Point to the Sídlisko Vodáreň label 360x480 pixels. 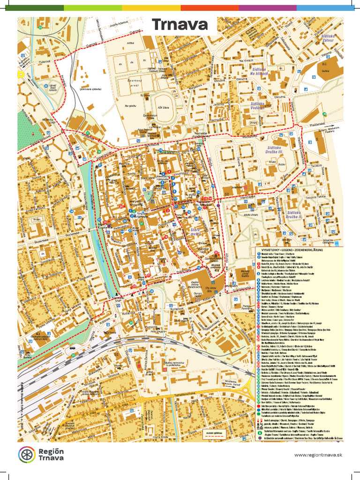259,106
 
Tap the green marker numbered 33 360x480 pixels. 40,28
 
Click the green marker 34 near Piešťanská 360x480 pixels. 324,114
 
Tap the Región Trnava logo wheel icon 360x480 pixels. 27,454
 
